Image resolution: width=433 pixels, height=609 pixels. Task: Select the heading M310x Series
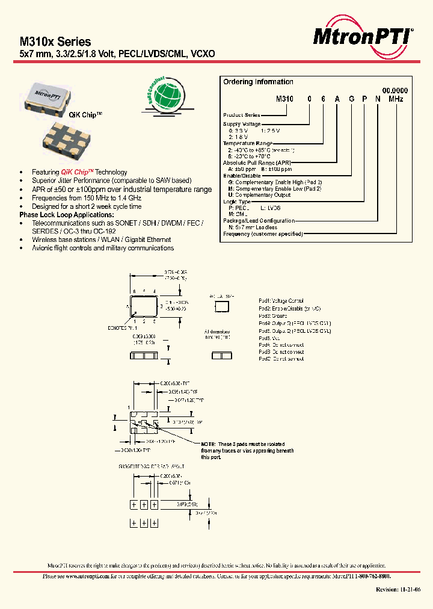pos(55,42)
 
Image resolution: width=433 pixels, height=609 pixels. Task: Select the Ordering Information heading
pos(258,82)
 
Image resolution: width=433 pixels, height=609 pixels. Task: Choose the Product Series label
pos(242,115)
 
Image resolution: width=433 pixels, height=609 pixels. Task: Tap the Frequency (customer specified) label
pos(263,233)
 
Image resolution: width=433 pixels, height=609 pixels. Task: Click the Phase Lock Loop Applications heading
pos(66,215)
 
